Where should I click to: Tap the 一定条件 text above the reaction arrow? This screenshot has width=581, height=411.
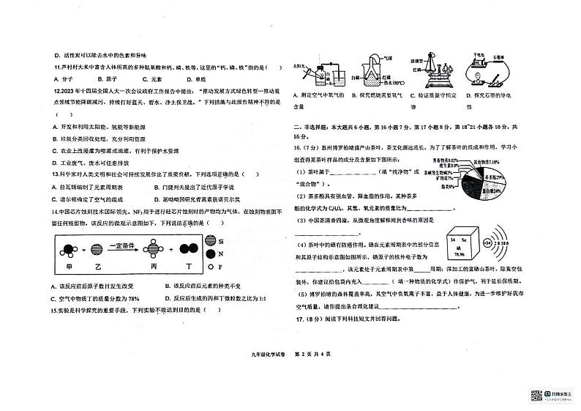click(x=119, y=241)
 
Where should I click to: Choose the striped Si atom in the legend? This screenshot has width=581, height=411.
click(x=211, y=240)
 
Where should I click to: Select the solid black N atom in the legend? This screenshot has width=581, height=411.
click(x=211, y=253)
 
